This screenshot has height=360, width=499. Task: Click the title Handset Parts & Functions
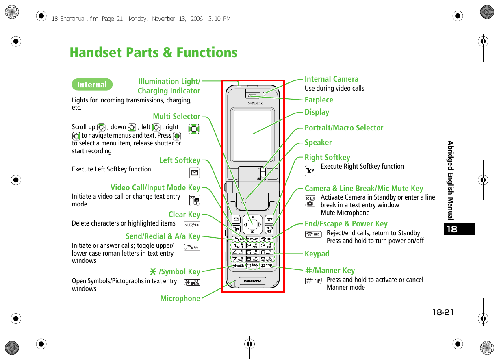click(x=154, y=53)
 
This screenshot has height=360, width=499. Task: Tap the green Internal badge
click(x=92, y=85)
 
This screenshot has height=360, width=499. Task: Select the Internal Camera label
click(x=332, y=79)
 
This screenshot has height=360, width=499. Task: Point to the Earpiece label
click(x=319, y=100)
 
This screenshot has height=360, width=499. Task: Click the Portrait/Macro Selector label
click(x=344, y=128)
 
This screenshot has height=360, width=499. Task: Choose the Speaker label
click(x=318, y=143)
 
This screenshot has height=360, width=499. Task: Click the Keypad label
click(x=317, y=254)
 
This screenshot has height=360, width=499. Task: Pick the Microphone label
click(x=180, y=299)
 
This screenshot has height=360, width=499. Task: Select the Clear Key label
click(x=184, y=215)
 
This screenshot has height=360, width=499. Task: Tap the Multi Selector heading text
click(x=176, y=117)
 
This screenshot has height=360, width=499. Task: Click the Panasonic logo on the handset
click(x=253, y=281)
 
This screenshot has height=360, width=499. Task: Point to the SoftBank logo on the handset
click(x=253, y=103)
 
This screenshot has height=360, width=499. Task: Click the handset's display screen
click(x=252, y=135)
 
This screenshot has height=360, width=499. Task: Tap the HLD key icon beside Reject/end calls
click(x=313, y=234)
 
